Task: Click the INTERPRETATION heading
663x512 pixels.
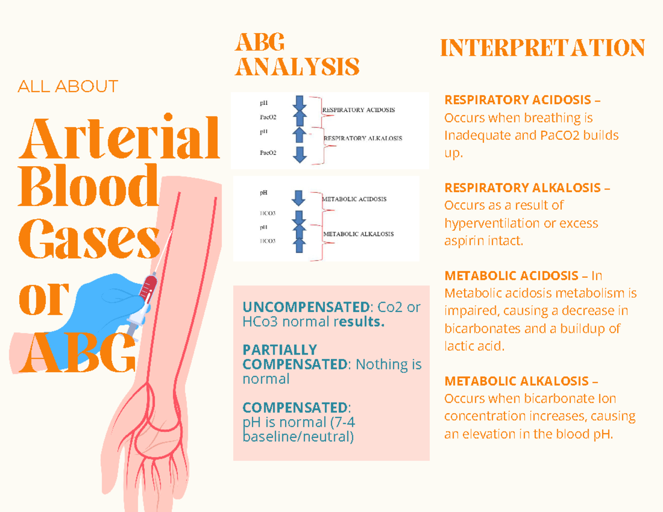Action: click(543, 48)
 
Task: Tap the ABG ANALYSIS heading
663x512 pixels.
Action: click(297, 55)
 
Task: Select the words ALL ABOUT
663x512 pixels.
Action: click(68, 87)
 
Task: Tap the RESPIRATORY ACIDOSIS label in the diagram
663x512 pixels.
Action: click(358, 110)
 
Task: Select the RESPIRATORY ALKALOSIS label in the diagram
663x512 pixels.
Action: click(362, 138)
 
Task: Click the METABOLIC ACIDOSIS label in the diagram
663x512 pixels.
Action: click(354, 199)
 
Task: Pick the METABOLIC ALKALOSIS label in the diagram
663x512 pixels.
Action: click(358, 234)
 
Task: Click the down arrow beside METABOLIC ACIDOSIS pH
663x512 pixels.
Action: click(298, 198)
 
